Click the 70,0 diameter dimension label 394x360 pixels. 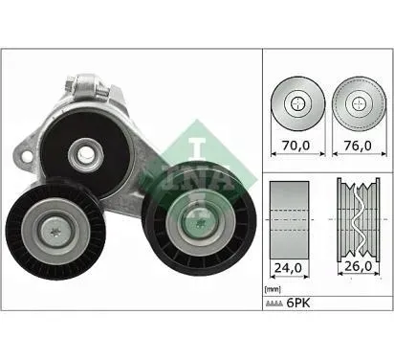pos(296,146)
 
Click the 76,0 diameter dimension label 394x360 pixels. pos(358,146)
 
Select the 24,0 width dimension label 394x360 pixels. pos(288,268)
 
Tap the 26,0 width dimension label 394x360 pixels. pos(359,266)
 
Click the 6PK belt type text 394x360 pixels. pos(298,303)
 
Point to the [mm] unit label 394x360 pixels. pos(273,290)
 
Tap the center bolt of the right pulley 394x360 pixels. pos(199,221)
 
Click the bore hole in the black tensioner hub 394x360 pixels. pos(86,155)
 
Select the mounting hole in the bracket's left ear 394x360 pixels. pos(28,157)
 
